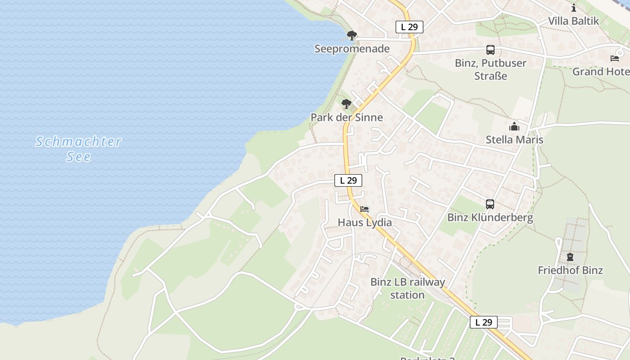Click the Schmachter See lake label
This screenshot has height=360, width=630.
pos(79,149)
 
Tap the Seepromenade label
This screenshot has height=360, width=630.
pos(352,49)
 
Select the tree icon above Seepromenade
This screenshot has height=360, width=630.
pos(352,35)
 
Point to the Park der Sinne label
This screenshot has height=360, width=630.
pos(346,117)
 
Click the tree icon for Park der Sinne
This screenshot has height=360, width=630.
pos(346,104)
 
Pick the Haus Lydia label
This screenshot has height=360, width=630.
pos(364,222)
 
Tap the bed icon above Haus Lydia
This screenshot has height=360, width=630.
pos(364,209)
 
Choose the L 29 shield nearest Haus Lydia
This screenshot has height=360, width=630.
pos(348,180)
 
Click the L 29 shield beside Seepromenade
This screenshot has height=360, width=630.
pos(409,27)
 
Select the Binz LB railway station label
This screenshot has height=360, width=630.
pos(407,288)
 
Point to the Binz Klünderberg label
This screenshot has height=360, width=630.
pos(490,218)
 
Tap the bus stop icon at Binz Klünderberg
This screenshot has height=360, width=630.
pos(490,204)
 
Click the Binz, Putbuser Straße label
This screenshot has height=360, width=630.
pos(490,69)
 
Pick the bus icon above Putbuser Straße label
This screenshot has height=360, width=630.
pos(490,50)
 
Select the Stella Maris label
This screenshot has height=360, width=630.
pos(514,139)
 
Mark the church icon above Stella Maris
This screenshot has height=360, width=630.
pos(514,126)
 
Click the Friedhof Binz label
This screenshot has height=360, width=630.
pos(570,270)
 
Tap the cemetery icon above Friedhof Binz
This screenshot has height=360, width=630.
pos(570,257)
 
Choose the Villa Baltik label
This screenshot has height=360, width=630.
pos(573,21)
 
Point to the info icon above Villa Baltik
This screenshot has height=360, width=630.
pos(573,8)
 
